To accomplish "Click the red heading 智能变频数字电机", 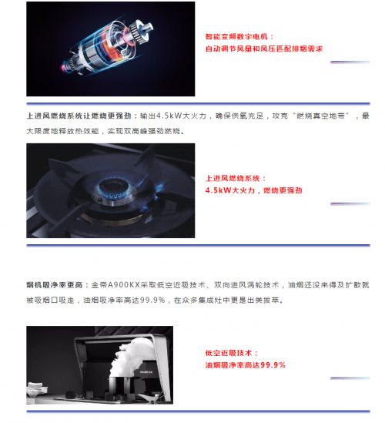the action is (x=236, y=36).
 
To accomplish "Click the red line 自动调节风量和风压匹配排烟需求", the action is (x=264, y=49).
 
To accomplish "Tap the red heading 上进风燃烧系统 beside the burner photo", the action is (x=233, y=178).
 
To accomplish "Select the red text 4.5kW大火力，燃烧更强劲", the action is (x=253, y=190).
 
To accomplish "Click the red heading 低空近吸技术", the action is (x=229, y=353).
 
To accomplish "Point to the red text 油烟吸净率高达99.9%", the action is (x=246, y=365).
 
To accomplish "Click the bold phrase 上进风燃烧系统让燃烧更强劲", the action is (x=79, y=116).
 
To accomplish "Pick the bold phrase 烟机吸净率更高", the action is (x=54, y=285).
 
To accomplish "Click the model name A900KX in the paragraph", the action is (x=124, y=285).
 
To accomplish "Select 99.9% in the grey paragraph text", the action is (x=152, y=300).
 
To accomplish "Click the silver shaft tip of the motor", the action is (x=148, y=28).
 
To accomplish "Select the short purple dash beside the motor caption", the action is (x=350, y=62).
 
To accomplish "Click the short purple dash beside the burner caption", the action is (x=350, y=203).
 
